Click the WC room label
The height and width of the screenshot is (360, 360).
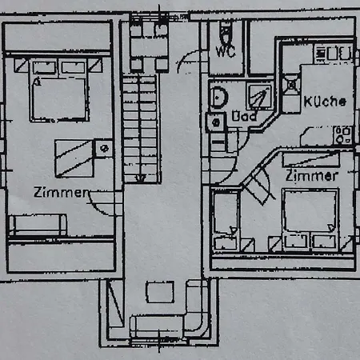point(226,51)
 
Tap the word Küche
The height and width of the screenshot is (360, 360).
point(325,102)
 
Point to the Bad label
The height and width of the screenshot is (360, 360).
point(244,116)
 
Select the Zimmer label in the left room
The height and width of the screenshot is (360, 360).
point(62,192)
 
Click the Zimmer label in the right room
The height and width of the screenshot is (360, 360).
point(311,176)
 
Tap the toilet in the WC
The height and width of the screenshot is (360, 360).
point(226,32)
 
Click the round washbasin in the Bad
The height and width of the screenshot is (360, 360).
point(218,98)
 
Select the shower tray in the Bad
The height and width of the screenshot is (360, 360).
point(259,97)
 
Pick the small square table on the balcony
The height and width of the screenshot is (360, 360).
point(160,292)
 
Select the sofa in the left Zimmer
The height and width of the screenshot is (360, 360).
point(38,225)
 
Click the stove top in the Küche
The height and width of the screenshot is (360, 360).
point(334,53)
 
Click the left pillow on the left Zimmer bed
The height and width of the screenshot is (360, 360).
point(44,68)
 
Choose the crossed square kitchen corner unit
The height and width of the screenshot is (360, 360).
point(291,85)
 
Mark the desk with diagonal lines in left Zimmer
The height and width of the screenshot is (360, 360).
point(74,158)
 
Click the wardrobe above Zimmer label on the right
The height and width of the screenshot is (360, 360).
point(311,159)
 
